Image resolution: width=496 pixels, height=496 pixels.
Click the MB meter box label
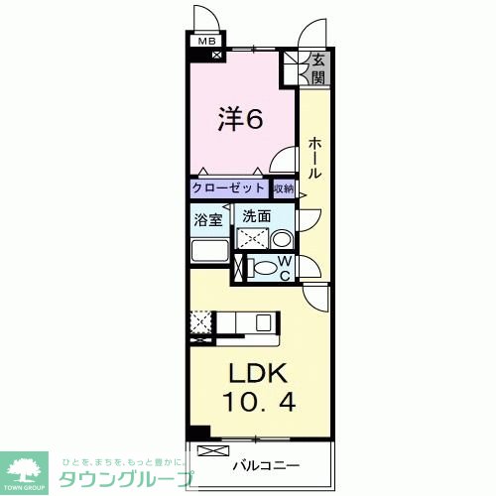[206, 41]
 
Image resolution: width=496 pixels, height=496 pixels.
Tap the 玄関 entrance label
[318, 67]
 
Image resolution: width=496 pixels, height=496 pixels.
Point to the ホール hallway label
[313, 157]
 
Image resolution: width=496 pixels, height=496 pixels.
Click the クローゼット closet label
[229, 187]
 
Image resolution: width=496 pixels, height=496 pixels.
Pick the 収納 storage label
[284, 187]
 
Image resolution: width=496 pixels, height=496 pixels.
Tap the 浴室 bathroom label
[208, 220]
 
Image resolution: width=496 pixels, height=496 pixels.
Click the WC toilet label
[283, 268]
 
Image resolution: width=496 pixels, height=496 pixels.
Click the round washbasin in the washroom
[281, 238]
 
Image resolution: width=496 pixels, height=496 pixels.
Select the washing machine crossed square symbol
[250, 239]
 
